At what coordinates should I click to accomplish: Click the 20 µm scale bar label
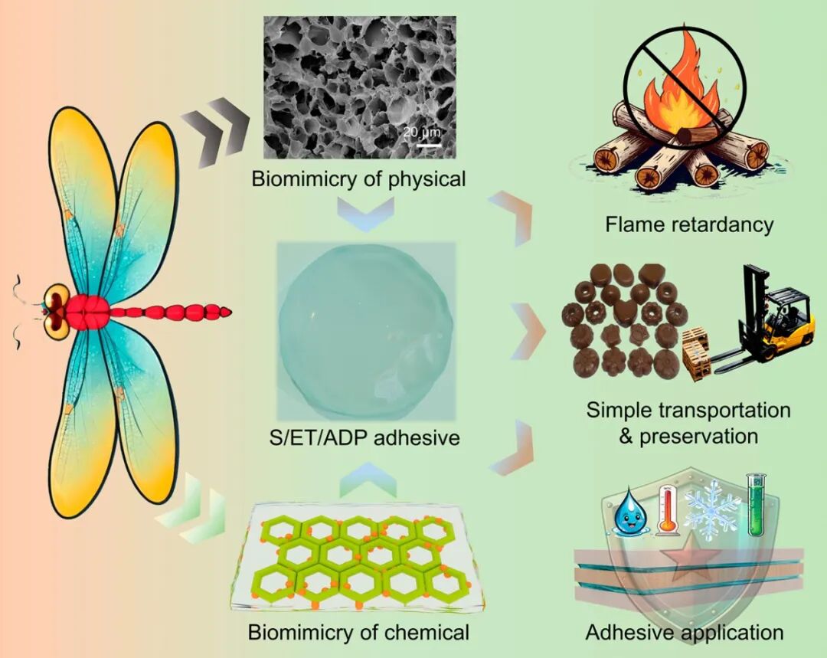421,132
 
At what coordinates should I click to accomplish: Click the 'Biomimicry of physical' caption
358,179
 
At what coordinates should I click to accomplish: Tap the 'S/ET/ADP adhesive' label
364,437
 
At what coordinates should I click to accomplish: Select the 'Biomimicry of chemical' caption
358,632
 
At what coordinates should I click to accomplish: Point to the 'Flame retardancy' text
689,224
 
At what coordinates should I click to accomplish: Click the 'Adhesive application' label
685,632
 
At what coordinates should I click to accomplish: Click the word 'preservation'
699,437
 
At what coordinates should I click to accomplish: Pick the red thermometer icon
667,509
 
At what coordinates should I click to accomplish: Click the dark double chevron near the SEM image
215,133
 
